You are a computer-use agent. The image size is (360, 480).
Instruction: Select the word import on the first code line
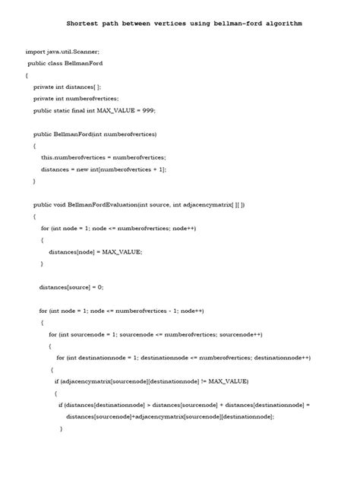point(35,52)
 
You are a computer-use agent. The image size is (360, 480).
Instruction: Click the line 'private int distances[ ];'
point(67,87)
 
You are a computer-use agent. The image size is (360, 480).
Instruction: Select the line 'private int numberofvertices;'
point(76,99)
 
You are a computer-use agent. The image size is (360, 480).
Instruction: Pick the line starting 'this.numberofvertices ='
point(103,157)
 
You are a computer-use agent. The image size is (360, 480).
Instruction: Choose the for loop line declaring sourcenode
point(156,334)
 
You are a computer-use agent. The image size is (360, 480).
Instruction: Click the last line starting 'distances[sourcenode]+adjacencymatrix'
point(169,416)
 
